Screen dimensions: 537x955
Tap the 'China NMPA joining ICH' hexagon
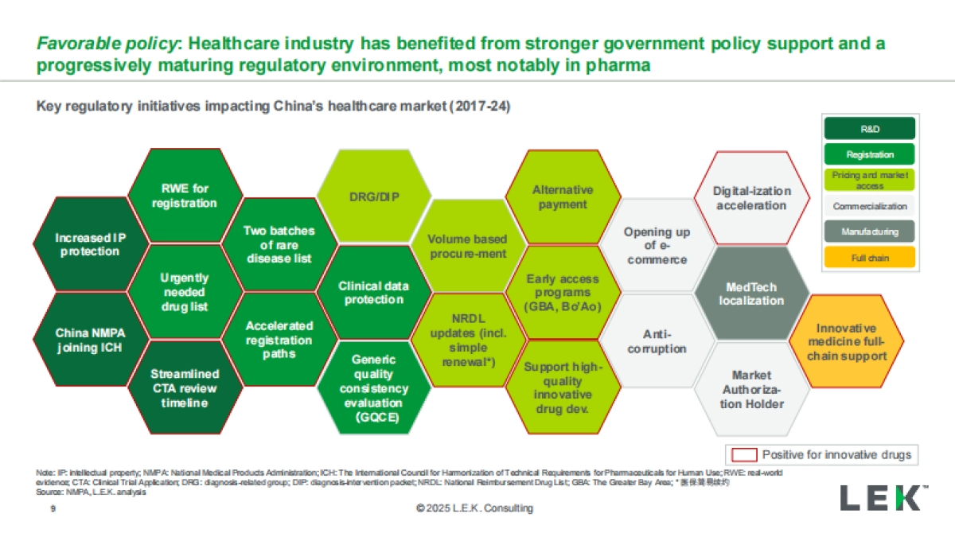click(x=84, y=340)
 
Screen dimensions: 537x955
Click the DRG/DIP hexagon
click(x=368, y=196)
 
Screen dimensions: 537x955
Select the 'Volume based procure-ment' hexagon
click(x=467, y=246)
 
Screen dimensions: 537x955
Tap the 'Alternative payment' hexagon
click(x=563, y=197)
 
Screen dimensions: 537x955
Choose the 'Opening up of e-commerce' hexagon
click(x=657, y=246)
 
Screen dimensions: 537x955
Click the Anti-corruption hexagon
click(x=657, y=342)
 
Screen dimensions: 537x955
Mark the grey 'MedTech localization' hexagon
click(x=751, y=294)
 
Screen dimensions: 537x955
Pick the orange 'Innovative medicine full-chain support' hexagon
click(x=846, y=342)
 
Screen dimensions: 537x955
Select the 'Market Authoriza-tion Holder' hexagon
click(x=752, y=390)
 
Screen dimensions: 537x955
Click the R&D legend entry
click(x=869, y=128)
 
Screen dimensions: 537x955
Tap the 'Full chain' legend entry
click(x=869, y=258)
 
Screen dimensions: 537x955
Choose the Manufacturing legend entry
click(x=869, y=232)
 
